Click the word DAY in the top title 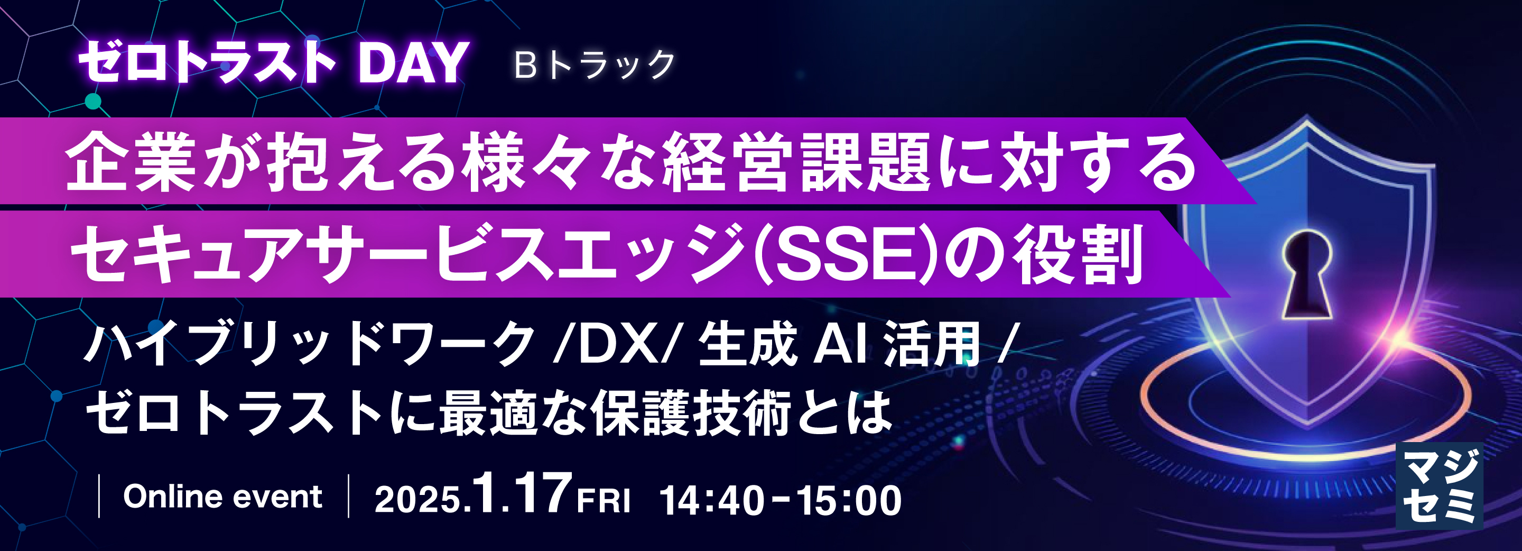412,63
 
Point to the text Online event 222,496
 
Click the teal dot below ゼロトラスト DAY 94,102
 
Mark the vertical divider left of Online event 99,496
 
